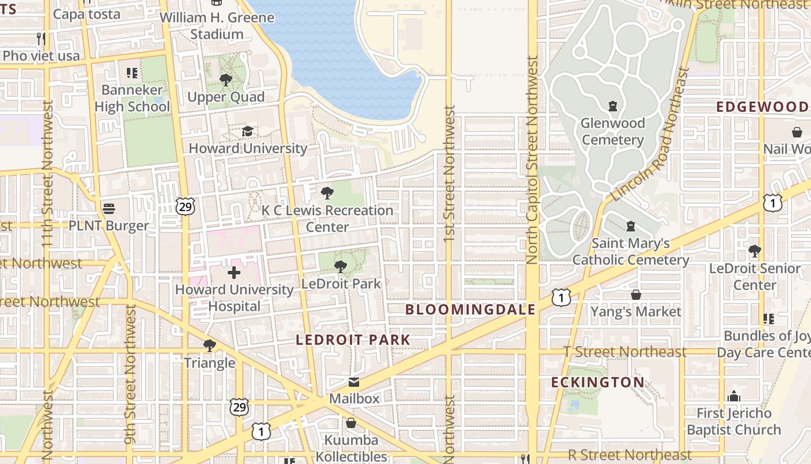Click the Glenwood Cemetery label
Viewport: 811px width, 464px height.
(x=613, y=132)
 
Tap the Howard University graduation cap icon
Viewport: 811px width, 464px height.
(x=247, y=132)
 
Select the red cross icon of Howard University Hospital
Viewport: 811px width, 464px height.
(x=234, y=272)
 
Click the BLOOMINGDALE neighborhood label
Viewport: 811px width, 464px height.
(x=470, y=310)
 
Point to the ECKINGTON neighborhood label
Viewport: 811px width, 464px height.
(x=597, y=382)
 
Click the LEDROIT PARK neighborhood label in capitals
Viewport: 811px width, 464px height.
(x=353, y=340)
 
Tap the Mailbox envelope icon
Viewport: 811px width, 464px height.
(x=353, y=382)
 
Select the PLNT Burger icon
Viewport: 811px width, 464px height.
(x=109, y=208)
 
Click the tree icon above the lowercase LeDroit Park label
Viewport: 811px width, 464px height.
(x=341, y=267)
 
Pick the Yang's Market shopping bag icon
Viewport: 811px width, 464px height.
(x=636, y=295)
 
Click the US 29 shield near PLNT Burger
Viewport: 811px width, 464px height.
(x=185, y=206)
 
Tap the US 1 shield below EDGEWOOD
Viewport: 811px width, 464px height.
(x=773, y=202)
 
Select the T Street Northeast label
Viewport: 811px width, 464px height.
(x=624, y=351)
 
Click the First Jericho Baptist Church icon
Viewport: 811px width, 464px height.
(x=734, y=396)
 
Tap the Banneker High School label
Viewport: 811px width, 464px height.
(x=132, y=98)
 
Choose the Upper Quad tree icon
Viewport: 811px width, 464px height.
(x=226, y=80)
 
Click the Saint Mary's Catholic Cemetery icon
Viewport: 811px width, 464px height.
(x=631, y=226)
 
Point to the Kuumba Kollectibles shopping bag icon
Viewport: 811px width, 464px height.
(x=351, y=423)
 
